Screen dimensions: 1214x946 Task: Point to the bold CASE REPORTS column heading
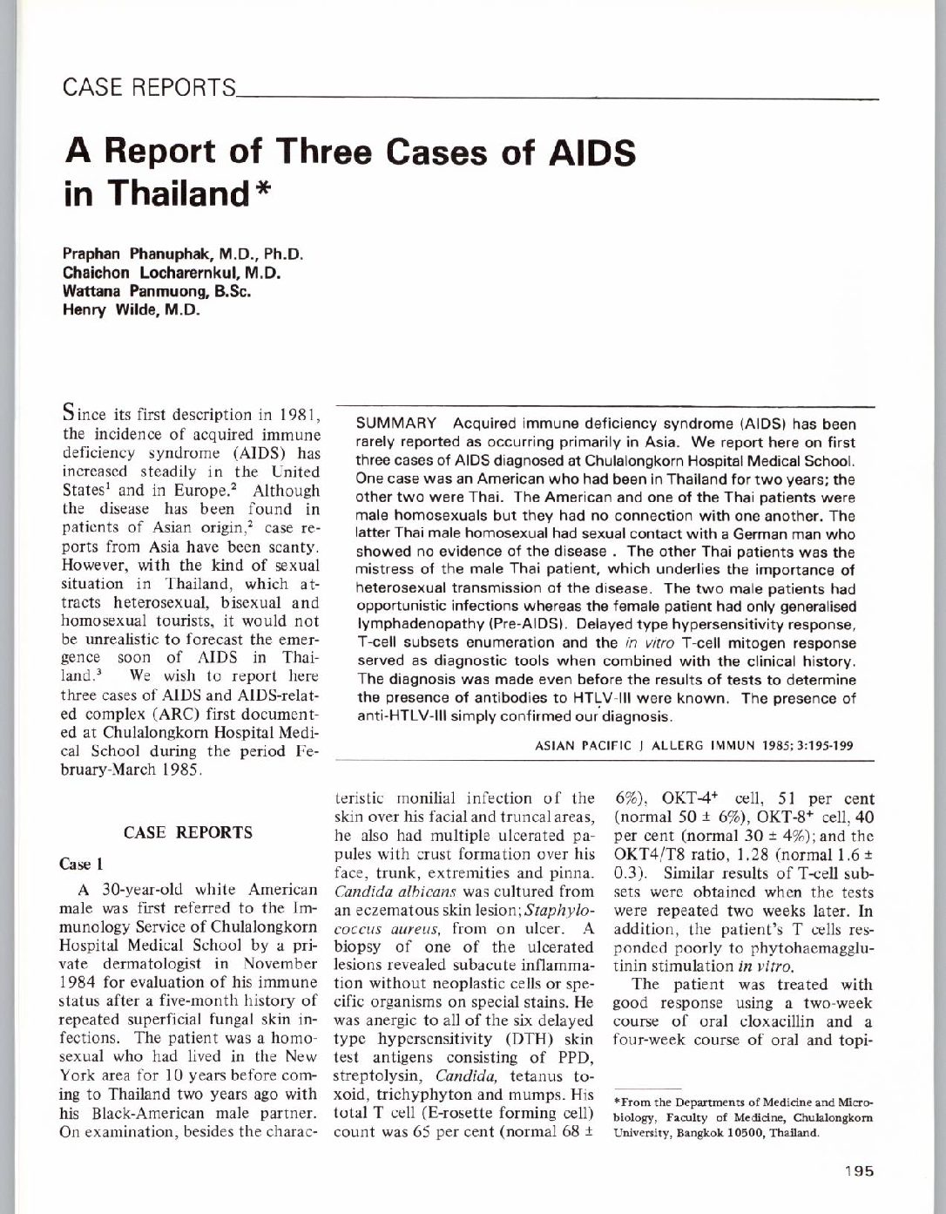(189, 832)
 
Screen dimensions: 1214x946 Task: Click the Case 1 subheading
(82, 864)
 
